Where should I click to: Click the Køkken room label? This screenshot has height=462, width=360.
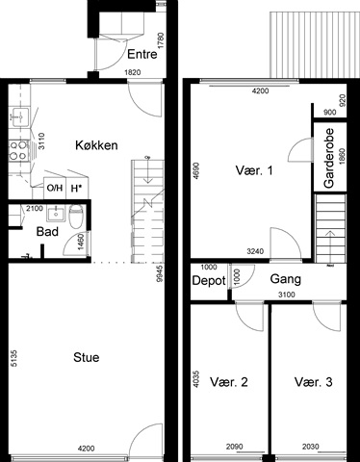click(96, 145)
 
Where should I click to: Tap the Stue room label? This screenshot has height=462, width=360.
click(87, 357)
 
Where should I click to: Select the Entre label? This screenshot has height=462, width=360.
click(142, 54)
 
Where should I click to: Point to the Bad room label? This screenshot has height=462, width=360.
click(47, 231)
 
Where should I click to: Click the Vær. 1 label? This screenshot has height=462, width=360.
click(254, 170)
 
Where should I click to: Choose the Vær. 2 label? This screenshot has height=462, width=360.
click(229, 382)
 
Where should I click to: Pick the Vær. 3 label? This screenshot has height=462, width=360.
click(314, 382)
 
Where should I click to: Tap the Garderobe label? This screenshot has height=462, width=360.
click(329, 158)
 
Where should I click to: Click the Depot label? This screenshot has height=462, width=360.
click(209, 281)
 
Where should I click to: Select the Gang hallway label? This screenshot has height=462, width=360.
click(286, 279)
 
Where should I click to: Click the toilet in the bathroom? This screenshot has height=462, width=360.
click(76, 216)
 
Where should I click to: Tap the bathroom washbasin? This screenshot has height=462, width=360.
click(56, 213)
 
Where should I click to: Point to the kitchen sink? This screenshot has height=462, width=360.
click(20, 116)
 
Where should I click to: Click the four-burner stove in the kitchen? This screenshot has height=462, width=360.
click(18, 150)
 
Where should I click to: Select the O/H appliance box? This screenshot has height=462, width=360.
click(55, 188)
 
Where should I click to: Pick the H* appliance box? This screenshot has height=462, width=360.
click(76, 188)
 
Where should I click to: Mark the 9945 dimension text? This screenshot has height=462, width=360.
click(160, 273)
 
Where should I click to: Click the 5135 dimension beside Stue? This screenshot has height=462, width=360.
click(13, 358)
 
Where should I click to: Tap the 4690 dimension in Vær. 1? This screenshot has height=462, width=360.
click(196, 171)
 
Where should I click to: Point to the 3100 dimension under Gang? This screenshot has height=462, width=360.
click(286, 295)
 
